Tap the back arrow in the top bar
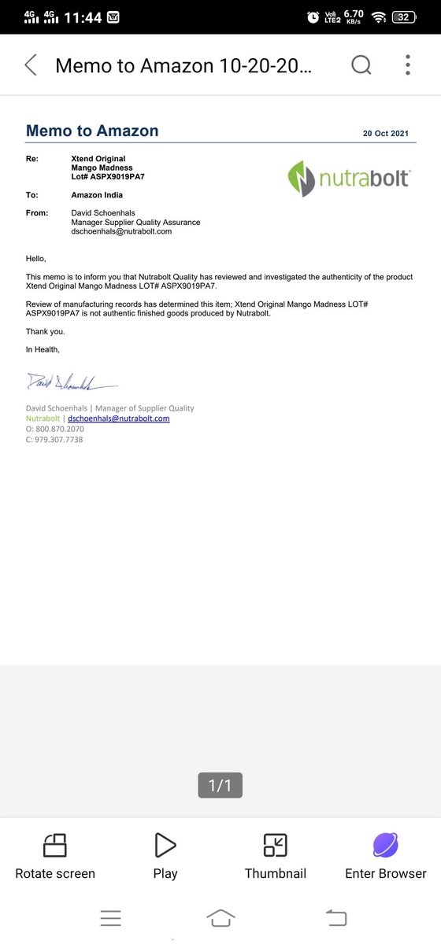31,65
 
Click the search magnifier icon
361,65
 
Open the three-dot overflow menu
408,65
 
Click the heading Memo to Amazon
92,131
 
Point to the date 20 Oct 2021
386,134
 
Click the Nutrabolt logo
348,177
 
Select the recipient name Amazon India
97,194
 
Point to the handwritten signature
71,382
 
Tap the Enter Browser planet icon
385,845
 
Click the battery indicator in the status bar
403,17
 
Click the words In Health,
43,349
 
